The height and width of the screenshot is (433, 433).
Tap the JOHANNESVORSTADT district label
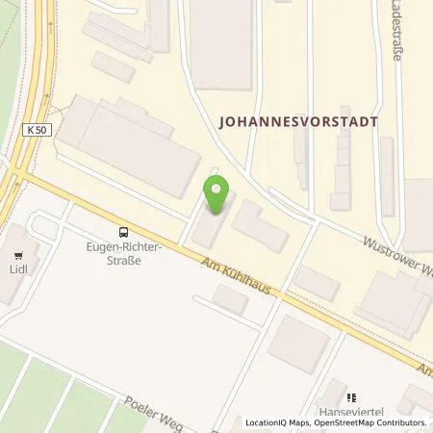click(x=299, y=122)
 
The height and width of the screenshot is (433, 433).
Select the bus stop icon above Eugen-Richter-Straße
click(x=122, y=231)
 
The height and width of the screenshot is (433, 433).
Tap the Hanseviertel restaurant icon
click(x=352, y=395)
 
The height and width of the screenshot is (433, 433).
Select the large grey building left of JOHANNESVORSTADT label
click(x=226, y=43)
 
